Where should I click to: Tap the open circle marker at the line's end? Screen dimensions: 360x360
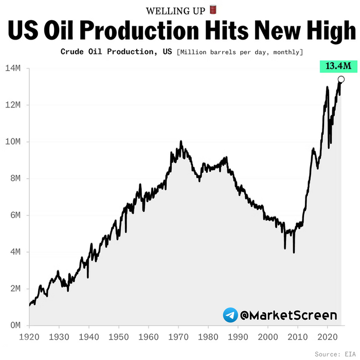coord(341,79)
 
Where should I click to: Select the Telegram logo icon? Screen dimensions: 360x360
coord(230,315)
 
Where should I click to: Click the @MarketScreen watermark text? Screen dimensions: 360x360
coord(289,315)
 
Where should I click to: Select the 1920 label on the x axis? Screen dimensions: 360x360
coord(29,336)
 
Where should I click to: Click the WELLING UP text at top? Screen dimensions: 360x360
coord(175,11)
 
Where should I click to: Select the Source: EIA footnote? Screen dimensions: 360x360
coord(334,354)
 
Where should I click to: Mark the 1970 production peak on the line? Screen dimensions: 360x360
coord(181,141)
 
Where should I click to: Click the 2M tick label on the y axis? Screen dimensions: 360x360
coord(15,289)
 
